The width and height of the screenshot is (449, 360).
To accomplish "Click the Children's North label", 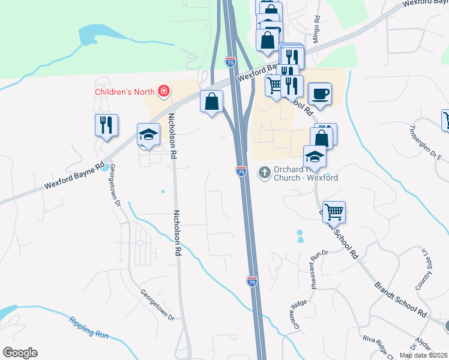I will pyautogui.click(x=125, y=92).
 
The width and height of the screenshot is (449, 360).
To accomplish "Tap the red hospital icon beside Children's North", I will pyautogui.click(x=163, y=92).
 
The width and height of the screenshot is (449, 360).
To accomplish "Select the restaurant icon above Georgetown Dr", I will pyautogui.click(x=106, y=125).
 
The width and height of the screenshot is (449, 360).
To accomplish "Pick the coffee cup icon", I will pyautogui.click(x=319, y=94).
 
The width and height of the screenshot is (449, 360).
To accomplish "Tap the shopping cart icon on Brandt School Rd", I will pyautogui.click(x=334, y=211).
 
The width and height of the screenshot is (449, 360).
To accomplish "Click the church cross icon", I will pyautogui.click(x=264, y=173).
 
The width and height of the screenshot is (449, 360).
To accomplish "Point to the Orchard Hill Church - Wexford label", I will pyautogui.click(x=306, y=173).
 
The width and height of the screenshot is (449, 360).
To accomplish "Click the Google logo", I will pyautogui.click(x=20, y=353).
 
